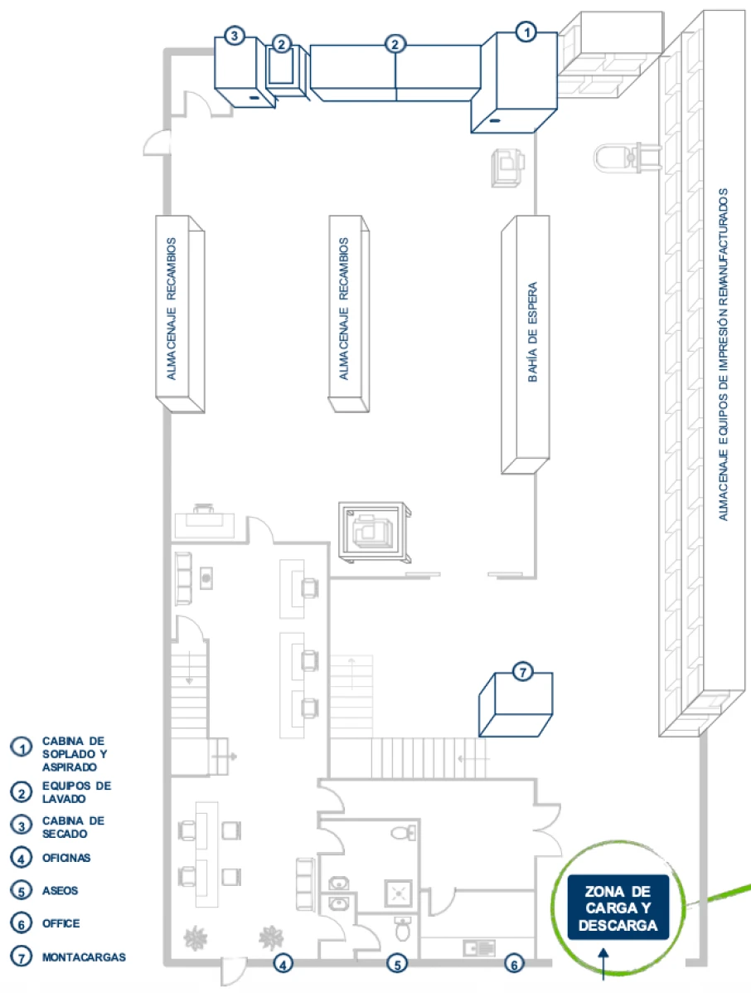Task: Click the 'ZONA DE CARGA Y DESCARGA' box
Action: (x=618, y=908)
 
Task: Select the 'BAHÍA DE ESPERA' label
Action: (x=533, y=332)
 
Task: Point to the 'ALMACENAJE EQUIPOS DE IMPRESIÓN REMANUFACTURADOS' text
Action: (x=723, y=354)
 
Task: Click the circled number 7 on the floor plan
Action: (x=522, y=671)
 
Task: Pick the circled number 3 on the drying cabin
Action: (x=234, y=36)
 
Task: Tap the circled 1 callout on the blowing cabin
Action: (x=526, y=32)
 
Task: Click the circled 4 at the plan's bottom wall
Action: (x=283, y=964)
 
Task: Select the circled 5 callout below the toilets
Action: (x=397, y=964)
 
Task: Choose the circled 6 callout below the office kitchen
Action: (x=514, y=964)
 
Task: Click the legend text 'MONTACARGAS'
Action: (x=84, y=956)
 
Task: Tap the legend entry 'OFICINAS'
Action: (x=65, y=858)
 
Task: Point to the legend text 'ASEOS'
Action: (x=60, y=890)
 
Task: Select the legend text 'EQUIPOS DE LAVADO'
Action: (x=76, y=792)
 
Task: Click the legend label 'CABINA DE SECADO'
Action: (x=73, y=827)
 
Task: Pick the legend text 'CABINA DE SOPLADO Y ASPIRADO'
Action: (x=74, y=753)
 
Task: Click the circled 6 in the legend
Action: (x=21, y=923)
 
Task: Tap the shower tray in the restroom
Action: (x=399, y=894)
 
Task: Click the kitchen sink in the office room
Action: (x=479, y=948)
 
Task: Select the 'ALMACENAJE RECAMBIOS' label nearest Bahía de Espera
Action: (x=343, y=309)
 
